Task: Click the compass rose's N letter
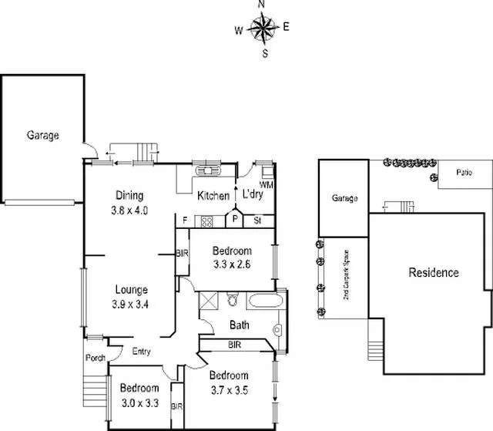[x=262, y=5]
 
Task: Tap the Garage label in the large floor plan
[x=43, y=135]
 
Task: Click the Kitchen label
[x=213, y=196]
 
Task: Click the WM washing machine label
[x=267, y=185]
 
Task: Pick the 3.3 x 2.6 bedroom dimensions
[x=232, y=265]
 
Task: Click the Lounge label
[x=131, y=290]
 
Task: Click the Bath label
[x=240, y=325]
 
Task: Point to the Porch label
[x=95, y=356]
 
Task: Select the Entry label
[x=140, y=352]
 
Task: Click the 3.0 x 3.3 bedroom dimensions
[x=139, y=402]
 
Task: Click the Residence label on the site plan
[x=434, y=272]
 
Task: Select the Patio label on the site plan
[x=463, y=172]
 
